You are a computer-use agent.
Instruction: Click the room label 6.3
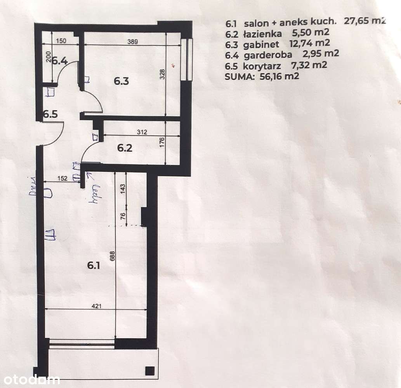tap(121, 81)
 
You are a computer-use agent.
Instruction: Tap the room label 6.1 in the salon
tap(94, 265)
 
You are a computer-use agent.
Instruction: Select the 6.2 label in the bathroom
tap(125, 148)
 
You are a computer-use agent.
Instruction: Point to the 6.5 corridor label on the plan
tap(50, 114)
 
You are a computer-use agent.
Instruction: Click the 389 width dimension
tap(133, 43)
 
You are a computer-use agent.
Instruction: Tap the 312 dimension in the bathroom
tap(142, 132)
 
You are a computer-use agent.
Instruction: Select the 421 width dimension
tap(96, 306)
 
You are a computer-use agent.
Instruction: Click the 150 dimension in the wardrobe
tap(61, 40)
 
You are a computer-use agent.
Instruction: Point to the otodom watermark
tap(30, 379)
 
